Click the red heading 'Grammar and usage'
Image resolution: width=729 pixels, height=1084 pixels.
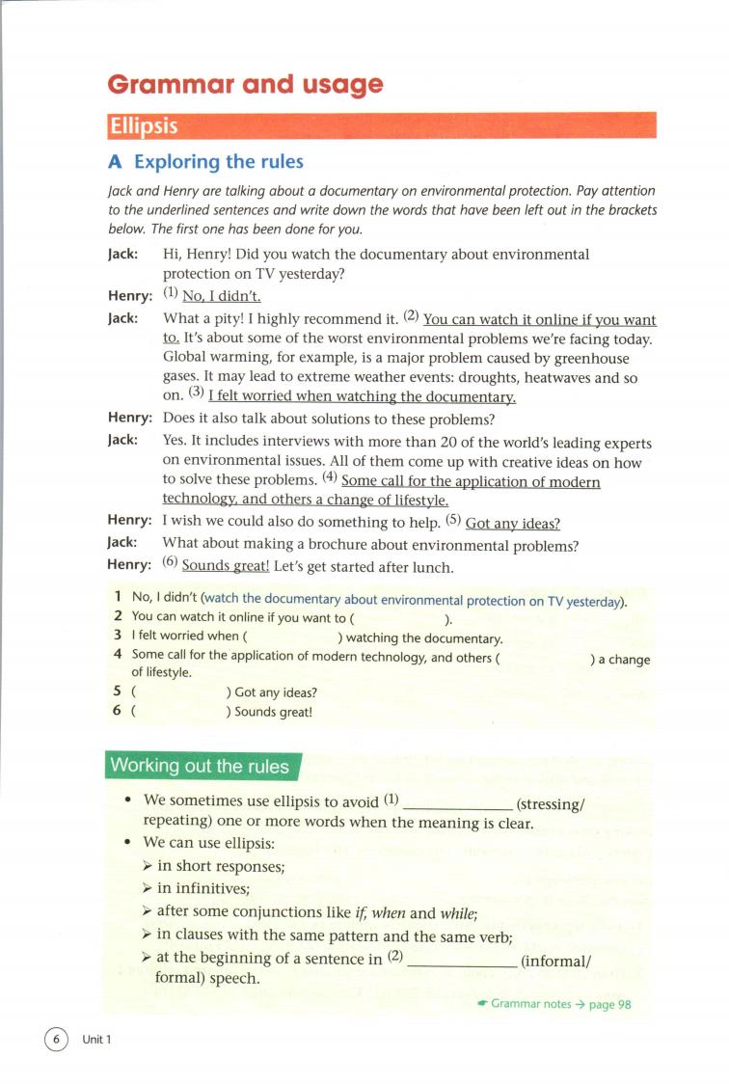pos(245,84)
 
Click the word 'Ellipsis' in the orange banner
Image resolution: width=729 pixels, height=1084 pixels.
pos(144,126)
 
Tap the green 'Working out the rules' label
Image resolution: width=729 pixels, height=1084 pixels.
pos(200,767)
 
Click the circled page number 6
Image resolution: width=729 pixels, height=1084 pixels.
pos(56,1039)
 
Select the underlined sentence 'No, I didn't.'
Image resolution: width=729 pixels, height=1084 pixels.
pos(222,296)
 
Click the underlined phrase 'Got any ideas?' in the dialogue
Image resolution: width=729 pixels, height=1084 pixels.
pos(512,523)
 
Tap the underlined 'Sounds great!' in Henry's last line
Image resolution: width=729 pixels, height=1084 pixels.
pos(226,566)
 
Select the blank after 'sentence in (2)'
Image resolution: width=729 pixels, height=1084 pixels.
pos(462,961)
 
